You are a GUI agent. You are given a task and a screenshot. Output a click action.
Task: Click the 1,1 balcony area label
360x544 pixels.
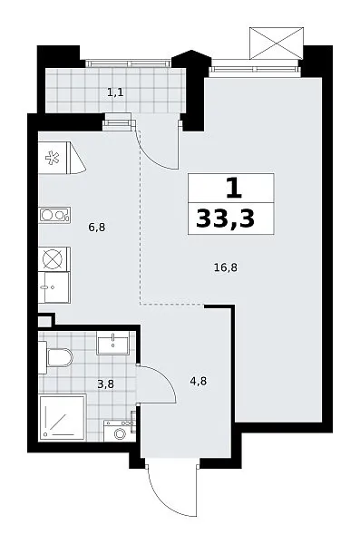[x=115, y=92]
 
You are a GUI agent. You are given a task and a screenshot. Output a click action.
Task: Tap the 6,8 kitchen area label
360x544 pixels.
[x=97, y=228]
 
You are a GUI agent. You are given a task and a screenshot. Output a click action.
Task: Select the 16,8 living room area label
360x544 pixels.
[x=226, y=267]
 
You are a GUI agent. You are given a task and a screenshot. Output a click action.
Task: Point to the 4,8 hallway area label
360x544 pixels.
[x=199, y=382]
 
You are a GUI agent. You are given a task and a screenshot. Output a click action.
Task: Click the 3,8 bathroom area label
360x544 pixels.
[x=105, y=384]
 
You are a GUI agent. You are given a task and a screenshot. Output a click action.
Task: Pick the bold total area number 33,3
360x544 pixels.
[x=225, y=219]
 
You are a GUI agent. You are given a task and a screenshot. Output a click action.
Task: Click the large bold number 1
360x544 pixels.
[x=234, y=189]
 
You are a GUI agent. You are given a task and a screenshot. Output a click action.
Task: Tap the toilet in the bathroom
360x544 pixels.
[x=56, y=357]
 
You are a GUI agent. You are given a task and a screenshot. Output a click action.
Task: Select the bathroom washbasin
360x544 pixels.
[x=112, y=343]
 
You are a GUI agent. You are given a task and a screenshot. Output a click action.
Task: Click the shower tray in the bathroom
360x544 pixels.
[x=63, y=417]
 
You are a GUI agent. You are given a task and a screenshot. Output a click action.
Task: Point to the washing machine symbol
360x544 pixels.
[x=120, y=431]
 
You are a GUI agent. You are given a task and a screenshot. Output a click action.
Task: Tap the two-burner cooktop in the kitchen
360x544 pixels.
[x=54, y=215]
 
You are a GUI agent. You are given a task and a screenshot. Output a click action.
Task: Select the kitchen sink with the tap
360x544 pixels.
[x=54, y=287]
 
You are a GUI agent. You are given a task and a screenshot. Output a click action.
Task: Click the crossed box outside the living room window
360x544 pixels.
[x=277, y=44]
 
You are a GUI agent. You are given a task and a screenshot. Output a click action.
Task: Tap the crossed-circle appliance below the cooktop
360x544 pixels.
[x=54, y=259]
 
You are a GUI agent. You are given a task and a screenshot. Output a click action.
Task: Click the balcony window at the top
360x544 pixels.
[x=128, y=63]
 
